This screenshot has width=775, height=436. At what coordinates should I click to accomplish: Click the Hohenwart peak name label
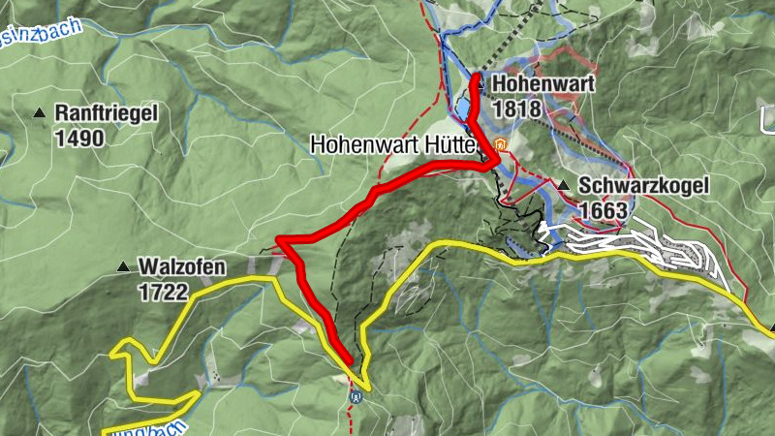click(542, 84)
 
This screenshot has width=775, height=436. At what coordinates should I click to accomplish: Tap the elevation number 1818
click(516, 109)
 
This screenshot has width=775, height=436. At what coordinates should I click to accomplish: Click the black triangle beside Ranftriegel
click(40, 113)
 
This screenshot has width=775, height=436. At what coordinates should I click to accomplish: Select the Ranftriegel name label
click(106, 113)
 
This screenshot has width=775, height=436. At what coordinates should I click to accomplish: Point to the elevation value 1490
click(78, 138)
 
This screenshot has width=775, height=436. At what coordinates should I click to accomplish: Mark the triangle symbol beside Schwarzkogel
click(564, 185)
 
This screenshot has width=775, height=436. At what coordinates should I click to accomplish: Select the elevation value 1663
click(604, 208)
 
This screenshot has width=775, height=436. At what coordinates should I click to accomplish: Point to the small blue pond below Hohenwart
click(464, 107)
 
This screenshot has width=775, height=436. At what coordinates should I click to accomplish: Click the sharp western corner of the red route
click(278, 239)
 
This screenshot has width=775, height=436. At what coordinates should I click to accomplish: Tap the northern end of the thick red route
click(476, 76)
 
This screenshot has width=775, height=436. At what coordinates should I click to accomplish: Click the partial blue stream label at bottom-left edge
click(145, 427)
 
